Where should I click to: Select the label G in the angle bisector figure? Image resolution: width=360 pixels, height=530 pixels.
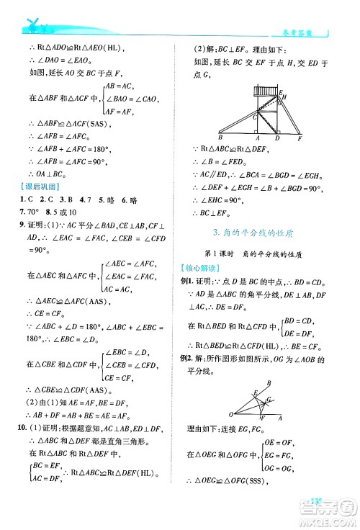pyautogui.click(x=269, y=399)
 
